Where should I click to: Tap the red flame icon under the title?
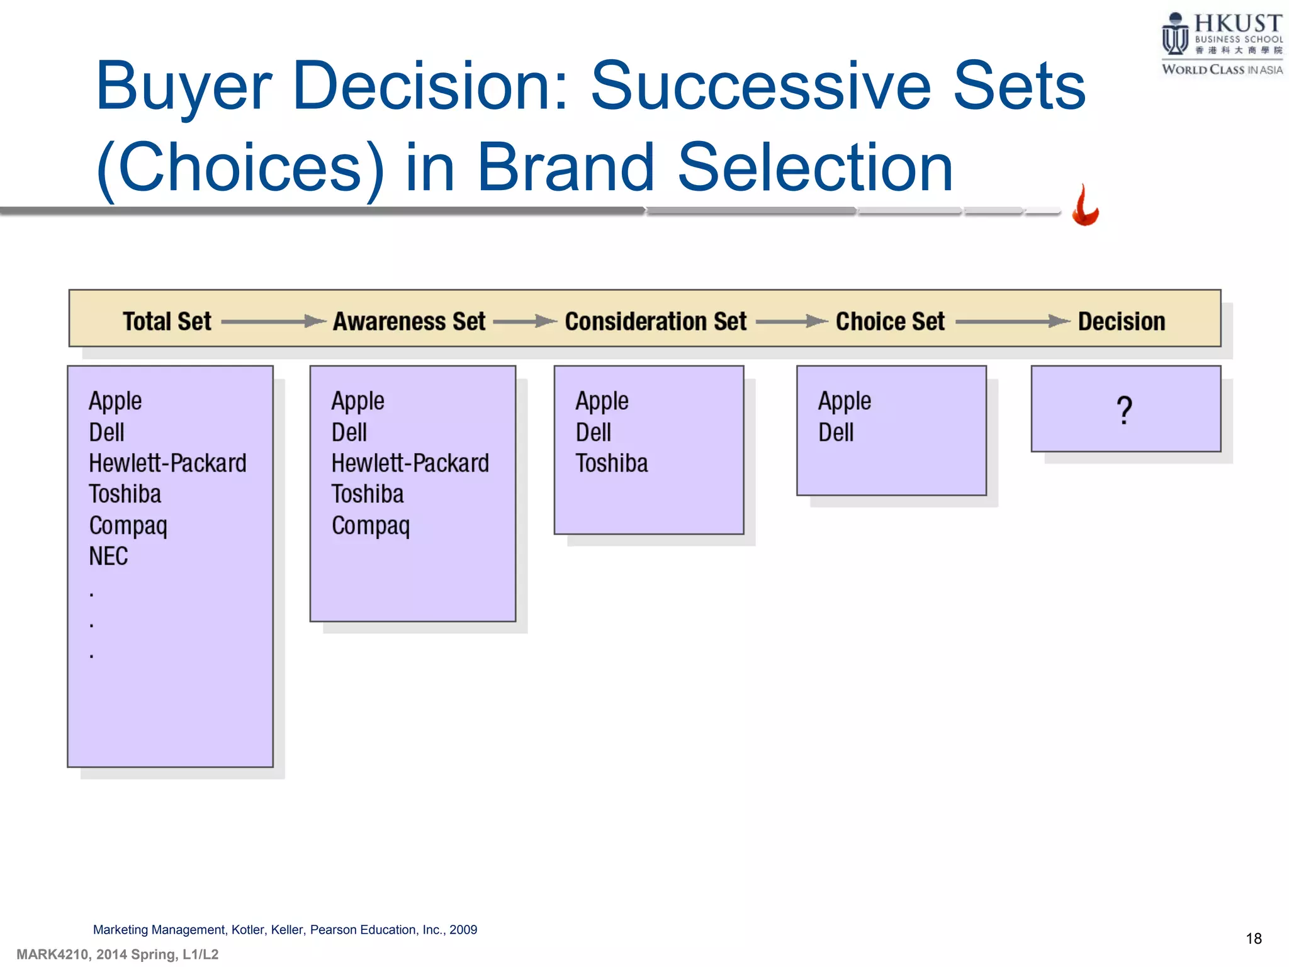point(1085,205)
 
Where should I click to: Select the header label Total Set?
point(167,321)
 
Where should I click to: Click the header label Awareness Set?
point(409,321)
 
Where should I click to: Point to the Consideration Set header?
point(655,321)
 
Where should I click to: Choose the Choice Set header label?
point(890,321)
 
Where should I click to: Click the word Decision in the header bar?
point(1122,321)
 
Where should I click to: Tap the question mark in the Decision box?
point(1124,410)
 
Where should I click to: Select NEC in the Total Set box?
point(108,556)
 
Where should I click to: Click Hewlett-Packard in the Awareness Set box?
point(410,463)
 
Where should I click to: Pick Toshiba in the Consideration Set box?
point(611,463)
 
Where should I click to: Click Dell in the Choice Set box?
point(836,433)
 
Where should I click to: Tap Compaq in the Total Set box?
point(128,526)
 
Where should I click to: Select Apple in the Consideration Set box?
point(602,401)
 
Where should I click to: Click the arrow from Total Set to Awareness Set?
point(273,321)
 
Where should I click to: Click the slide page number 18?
point(1253,939)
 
